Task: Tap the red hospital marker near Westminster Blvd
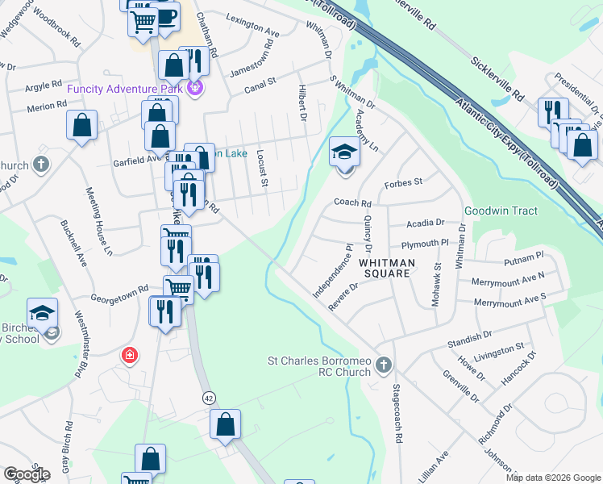pos(128,355)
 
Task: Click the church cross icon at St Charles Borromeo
pos(384,366)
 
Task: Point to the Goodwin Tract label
pos(501,211)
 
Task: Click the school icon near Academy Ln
pos(344,151)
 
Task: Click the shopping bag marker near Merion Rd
pos(81,125)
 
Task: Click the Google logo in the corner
pos(26,474)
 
